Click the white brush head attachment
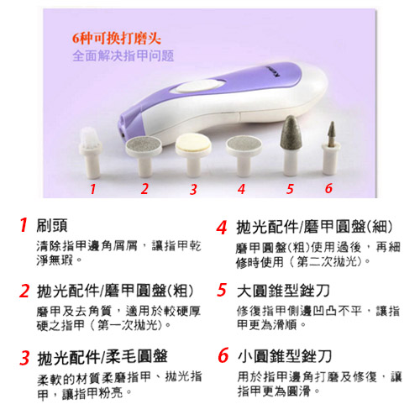pos(91,153)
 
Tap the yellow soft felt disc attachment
pos(193,155)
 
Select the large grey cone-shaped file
pos(291,145)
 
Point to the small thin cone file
pos(331,149)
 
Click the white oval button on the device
pos(201,86)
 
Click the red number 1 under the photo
pos(93,189)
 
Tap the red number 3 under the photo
pos(193,190)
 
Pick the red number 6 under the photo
pos(328,188)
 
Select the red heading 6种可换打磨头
pos(117,39)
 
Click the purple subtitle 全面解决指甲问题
pos(123,55)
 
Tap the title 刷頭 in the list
pos(52,225)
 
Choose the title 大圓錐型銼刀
pos(283,291)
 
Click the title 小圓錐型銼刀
pos(285,356)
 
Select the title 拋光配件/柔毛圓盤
pos(102,357)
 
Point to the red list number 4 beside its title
pos(222,228)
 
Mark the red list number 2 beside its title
pos(24,291)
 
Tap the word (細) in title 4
pos(380,227)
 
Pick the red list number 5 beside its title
pos(222,290)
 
